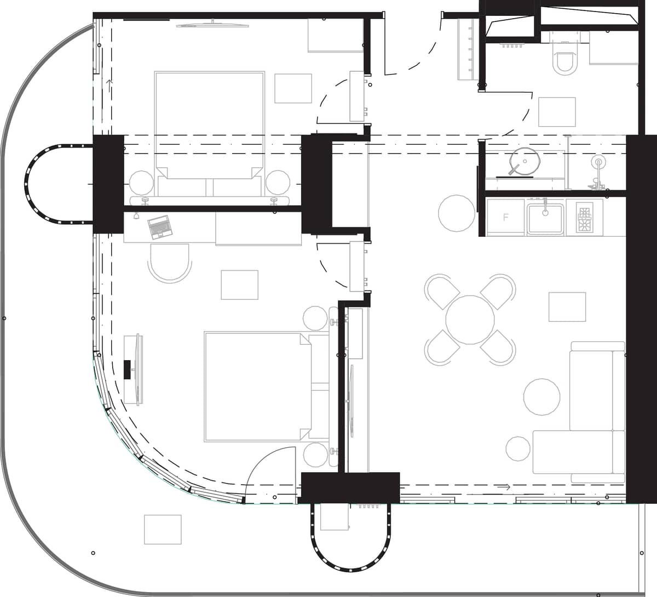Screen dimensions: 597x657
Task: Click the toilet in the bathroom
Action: [565, 62]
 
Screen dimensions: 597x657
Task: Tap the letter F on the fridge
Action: [506, 218]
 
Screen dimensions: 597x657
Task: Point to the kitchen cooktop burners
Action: [585, 218]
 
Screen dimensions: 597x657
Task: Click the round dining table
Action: [470, 320]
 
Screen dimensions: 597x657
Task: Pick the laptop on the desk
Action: [159, 226]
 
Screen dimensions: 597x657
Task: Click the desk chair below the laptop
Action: [170, 262]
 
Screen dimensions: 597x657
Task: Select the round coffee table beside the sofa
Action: [542, 396]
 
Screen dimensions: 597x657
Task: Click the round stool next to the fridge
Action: [457, 213]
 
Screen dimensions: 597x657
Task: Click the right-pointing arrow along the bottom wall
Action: [505, 487]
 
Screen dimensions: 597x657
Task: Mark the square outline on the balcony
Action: [163, 529]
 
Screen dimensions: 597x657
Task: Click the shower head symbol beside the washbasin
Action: [598, 162]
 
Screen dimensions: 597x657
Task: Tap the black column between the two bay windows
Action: [108, 184]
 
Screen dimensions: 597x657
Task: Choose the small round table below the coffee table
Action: [518, 448]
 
